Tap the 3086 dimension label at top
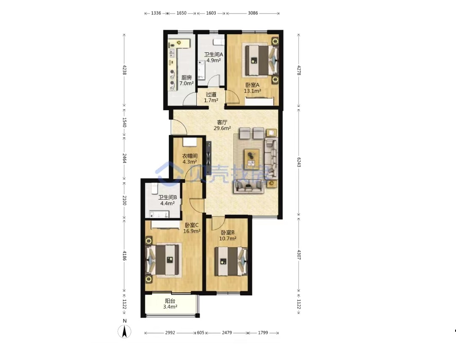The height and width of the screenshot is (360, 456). click(253, 13)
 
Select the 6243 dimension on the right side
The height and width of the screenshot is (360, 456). click(299, 162)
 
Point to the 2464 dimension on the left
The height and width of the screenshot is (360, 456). click(125, 158)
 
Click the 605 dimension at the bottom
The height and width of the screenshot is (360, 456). click(201, 333)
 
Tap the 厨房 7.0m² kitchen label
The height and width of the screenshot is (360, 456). click(187, 81)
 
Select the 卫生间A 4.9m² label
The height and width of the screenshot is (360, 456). click(214, 57)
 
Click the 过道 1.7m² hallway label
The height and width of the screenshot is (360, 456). click(211, 97)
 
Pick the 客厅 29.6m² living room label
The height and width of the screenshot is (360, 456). click(222, 125)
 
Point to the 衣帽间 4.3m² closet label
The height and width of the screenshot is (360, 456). click(190, 159)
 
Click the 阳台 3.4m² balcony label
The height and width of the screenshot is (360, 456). click(170, 304)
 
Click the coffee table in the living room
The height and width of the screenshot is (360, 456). click(252, 159)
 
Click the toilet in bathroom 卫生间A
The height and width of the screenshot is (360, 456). click(219, 42)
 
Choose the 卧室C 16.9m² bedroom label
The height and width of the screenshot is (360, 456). click(192, 228)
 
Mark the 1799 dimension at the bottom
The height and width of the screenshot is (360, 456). click(263, 333)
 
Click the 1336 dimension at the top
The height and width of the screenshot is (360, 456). click(156, 13)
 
